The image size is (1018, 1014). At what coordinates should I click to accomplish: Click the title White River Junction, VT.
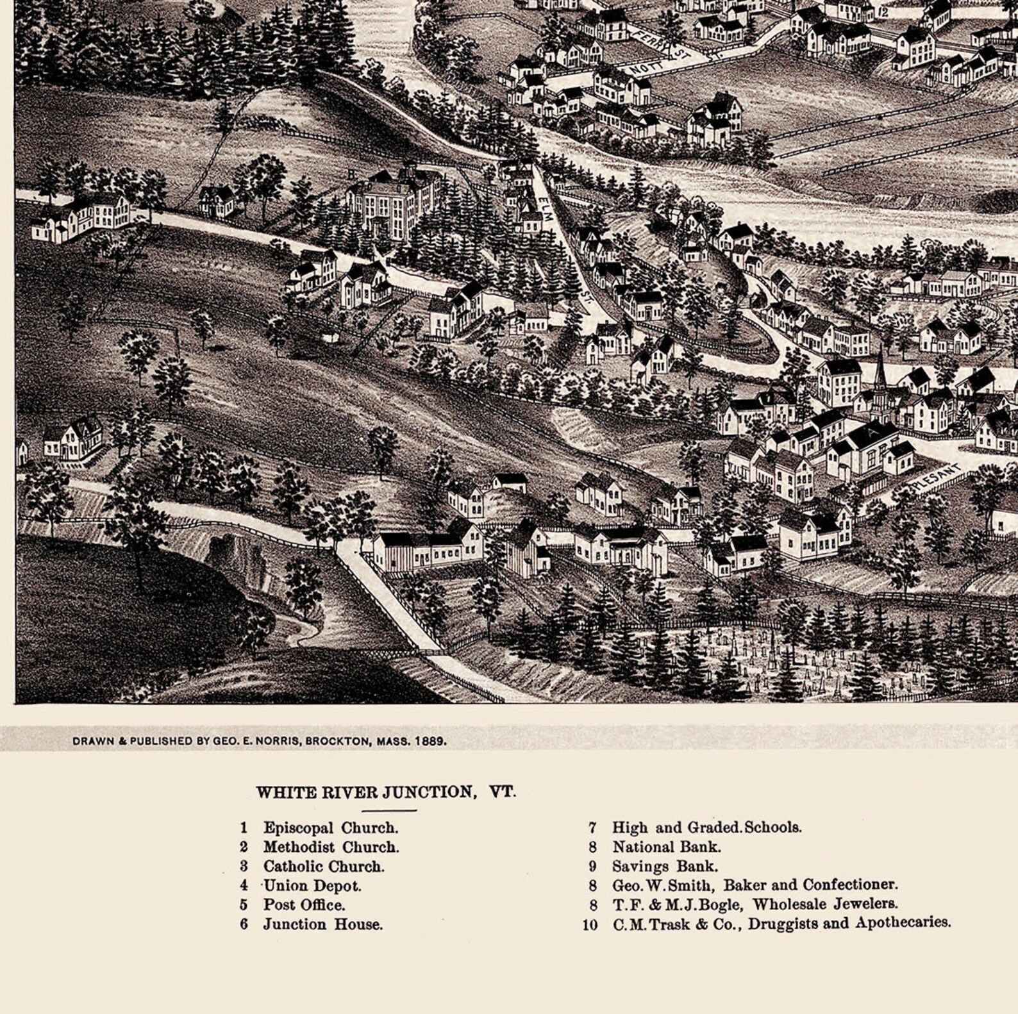pos(385,792)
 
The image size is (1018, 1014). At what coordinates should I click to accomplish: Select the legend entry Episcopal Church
pos(330,827)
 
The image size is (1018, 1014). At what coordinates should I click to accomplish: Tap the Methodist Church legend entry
pos(331,847)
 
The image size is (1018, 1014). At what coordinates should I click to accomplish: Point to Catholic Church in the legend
pos(324,866)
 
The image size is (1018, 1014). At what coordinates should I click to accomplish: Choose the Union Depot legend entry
pos(312,886)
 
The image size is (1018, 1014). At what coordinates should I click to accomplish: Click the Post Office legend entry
pos(304,905)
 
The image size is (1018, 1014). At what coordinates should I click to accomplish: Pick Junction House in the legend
pos(322,924)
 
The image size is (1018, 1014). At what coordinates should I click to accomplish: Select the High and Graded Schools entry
pos(706,827)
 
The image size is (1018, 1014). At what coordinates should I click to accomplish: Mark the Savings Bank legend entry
pos(665,866)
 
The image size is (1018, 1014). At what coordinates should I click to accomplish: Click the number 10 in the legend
pos(590,924)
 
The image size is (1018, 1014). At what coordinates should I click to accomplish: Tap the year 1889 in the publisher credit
pos(430,741)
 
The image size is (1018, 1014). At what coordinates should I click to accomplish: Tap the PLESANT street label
pos(939,476)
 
